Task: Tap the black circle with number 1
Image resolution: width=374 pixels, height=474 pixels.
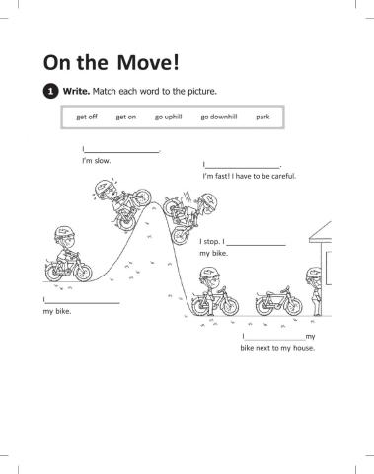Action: point(50,92)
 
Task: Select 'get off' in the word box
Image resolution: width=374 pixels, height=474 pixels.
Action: point(87,117)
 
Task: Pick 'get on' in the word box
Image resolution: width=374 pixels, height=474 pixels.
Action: point(125,117)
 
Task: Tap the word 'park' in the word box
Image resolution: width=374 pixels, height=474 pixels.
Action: point(262,117)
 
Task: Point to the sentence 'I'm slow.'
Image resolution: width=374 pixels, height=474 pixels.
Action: point(96,160)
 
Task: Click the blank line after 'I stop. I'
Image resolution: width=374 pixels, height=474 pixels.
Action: point(257,243)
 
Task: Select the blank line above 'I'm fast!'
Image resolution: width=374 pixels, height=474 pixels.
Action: point(243,167)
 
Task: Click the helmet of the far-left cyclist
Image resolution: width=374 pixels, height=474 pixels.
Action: point(64,233)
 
